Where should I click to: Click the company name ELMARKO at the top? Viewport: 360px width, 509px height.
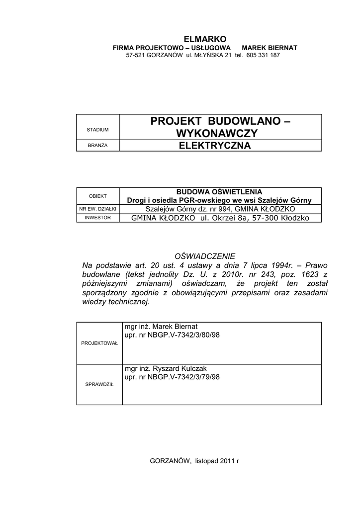click(x=205, y=39)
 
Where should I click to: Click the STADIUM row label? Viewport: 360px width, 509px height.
click(x=97, y=130)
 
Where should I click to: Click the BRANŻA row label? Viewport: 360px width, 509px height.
click(x=97, y=145)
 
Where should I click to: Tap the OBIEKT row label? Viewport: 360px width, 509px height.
click(x=97, y=196)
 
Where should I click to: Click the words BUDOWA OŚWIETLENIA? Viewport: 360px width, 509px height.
click(x=219, y=192)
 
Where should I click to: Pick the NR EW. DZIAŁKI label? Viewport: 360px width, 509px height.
click(x=97, y=209)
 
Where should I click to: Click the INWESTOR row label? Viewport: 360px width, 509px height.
click(x=97, y=218)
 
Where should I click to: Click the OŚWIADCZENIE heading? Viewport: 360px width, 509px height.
click(x=204, y=255)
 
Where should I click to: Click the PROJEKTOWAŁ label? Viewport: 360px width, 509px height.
click(x=99, y=343)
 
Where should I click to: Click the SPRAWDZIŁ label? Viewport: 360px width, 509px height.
click(x=99, y=384)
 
